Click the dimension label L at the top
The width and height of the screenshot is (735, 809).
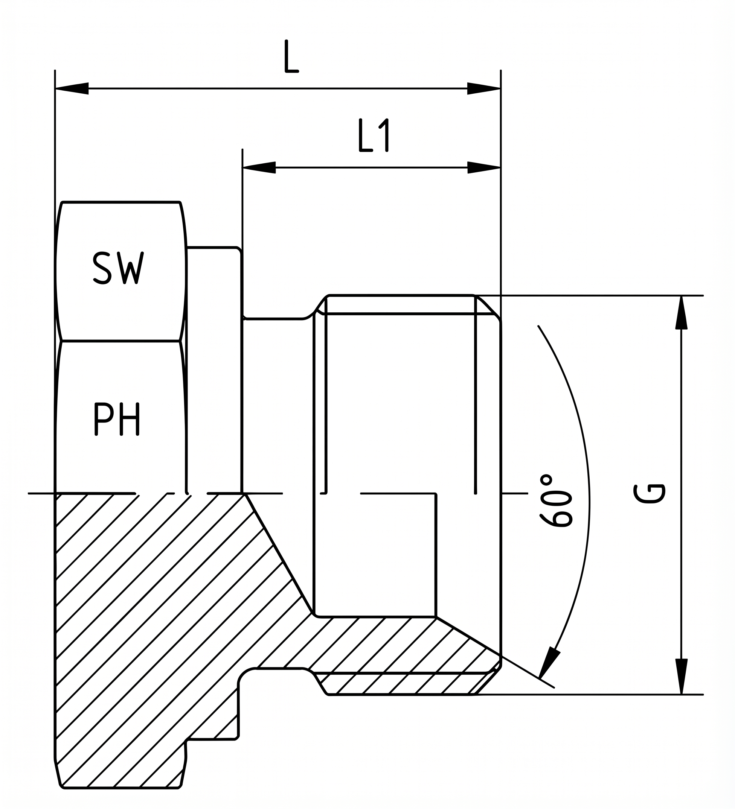[291, 56]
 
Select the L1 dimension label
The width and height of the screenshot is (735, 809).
[374, 135]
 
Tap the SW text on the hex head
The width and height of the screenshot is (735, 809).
[118, 268]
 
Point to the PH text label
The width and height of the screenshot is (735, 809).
[117, 418]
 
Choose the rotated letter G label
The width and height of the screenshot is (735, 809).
[649, 493]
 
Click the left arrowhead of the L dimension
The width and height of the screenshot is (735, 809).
[72, 88]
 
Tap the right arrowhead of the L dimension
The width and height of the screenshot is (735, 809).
[483, 88]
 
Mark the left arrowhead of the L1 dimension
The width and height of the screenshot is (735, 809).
[259, 167]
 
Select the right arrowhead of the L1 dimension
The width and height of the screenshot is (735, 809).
[483, 167]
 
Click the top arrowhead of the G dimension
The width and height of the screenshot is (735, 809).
[681, 313]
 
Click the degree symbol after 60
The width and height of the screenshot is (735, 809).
[546, 479]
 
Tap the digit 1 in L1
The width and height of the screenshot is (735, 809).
[384, 135]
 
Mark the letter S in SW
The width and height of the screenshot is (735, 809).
[102, 268]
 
